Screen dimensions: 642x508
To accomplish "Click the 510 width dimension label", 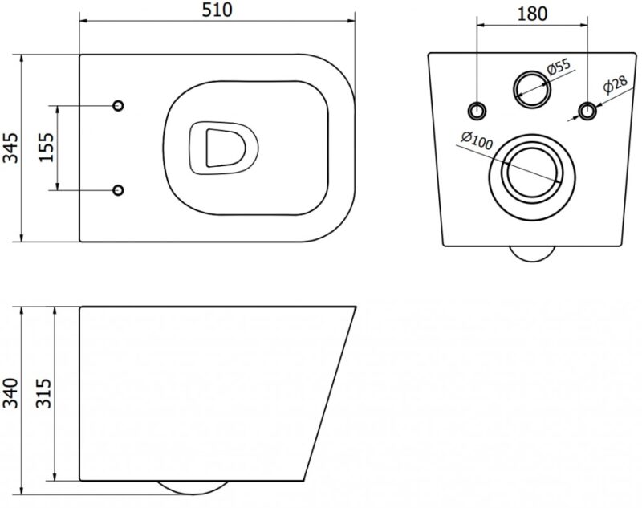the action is [x=217, y=10].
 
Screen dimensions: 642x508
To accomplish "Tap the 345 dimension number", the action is [x=11, y=148].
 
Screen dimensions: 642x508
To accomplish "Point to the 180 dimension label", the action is [x=532, y=14].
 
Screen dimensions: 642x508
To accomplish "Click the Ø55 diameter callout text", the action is [x=558, y=67].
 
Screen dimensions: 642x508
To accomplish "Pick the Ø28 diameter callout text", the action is [x=615, y=85].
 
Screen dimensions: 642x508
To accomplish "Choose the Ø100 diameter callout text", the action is [x=477, y=140].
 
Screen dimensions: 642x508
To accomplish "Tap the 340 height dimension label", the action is [x=11, y=393].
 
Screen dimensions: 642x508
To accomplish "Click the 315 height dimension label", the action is [x=43, y=393].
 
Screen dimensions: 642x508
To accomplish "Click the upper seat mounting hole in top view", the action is [x=118, y=106].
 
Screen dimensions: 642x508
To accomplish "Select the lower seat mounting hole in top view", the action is [x=118, y=190].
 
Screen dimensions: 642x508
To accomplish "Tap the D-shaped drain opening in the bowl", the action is [x=225, y=148].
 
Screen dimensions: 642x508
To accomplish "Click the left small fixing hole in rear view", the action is [x=477, y=110].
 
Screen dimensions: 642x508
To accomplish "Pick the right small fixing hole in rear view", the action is [x=587, y=110].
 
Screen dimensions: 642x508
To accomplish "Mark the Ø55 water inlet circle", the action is [x=532, y=89].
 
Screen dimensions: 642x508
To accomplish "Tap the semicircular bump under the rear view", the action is [x=532, y=254].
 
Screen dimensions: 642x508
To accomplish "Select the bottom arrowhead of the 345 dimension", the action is [x=22, y=238].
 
